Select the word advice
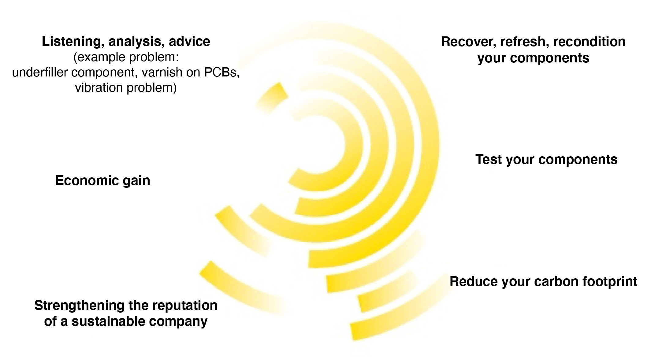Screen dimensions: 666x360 189,42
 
